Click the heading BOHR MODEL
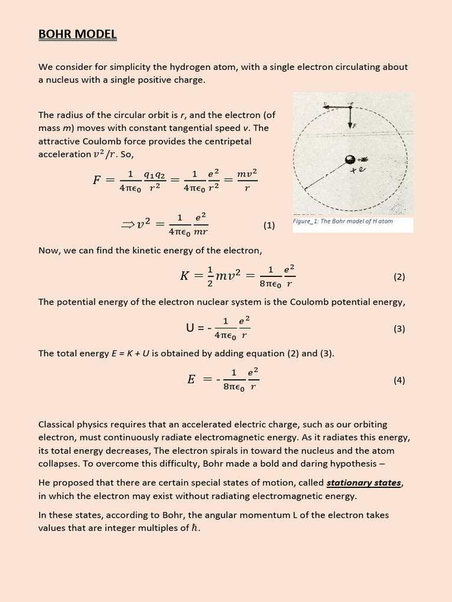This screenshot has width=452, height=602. click(x=78, y=35)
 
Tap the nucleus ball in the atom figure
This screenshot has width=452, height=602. click(x=350, y=159)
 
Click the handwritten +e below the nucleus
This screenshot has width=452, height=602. click(x=359, y=171)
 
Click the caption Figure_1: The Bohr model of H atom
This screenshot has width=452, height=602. click(x=343, y=222)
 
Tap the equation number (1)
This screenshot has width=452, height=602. click(x=269, y=225)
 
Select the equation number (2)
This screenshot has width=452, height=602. click(x=399, y=276)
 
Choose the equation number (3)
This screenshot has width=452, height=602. click(x=399, y=329)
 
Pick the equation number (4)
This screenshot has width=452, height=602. click(x=399, y=380)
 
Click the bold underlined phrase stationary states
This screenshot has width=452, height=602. click(x=364, y=483)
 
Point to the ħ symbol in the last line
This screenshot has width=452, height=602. click(x=196, y=527)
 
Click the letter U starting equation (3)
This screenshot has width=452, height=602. click(x=190, y=328)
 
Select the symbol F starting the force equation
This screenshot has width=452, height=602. click(x=97, y=180)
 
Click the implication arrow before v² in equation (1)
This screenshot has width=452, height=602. click(x=128, y=224)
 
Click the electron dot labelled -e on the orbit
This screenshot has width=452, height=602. click(x=351, y=106)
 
